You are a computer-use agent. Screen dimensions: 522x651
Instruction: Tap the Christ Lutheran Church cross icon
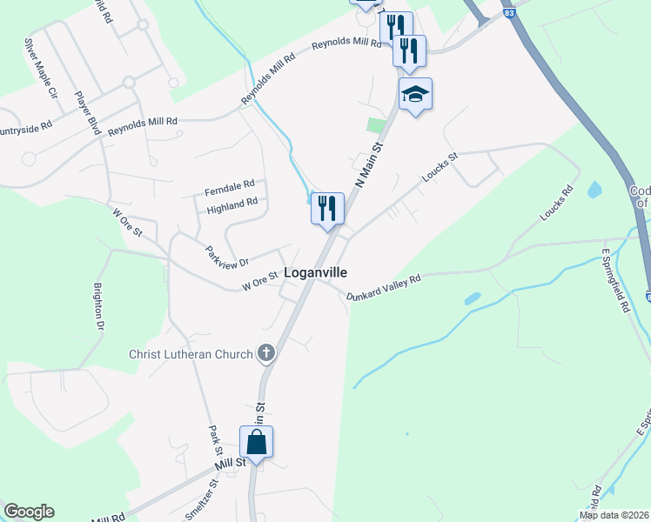coord(266,353)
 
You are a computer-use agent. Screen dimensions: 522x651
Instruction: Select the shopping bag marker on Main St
coord(257,442)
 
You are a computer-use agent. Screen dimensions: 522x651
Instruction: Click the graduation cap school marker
coord(416,95)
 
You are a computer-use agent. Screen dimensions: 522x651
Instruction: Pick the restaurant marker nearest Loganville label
coord(327,209)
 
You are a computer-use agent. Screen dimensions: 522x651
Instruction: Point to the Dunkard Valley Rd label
coord(384,287)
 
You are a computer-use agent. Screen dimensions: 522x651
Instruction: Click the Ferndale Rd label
coord(229,186)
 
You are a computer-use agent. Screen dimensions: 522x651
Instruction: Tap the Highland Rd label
coord(232,204)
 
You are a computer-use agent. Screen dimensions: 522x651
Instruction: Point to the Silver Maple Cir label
coord(40,67)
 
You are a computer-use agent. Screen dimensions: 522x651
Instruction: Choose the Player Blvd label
coord(87,112)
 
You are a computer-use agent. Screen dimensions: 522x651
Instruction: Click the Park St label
coord(214,440)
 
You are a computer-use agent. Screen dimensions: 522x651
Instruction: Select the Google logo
coord(29,512)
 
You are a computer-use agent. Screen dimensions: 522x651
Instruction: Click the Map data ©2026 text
coord(614,515)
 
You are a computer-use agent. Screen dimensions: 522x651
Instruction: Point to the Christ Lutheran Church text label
coord(191,354)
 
